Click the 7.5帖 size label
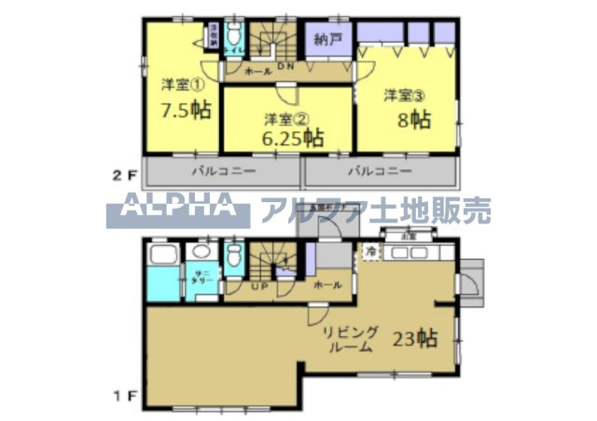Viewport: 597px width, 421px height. pyautogui.click(x=185, y=110)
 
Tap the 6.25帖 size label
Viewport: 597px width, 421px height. pyautogui.click(x=292, y=139)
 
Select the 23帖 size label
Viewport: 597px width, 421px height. pyautogui.click(x=417, y=337)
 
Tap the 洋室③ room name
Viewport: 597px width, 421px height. pyautogui.click(x=404, y=94)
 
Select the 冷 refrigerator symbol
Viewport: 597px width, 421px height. pyautogui.click(x=370, y=251)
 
